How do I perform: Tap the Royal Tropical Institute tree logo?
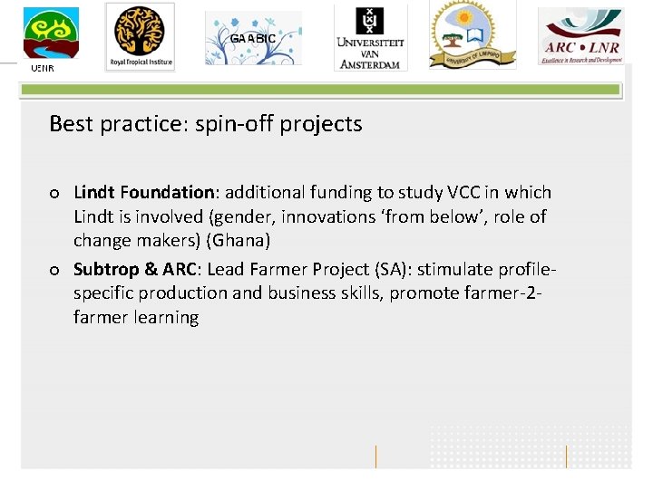coord(140,36)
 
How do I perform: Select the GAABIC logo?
coord(253,39)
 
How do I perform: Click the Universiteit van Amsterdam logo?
coord(370,36)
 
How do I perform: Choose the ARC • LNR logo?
coord(580,36)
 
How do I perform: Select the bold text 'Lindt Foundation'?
coord(143,192)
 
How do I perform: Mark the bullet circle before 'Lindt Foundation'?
coord(55,193)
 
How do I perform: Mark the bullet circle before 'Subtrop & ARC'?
coord(55,270)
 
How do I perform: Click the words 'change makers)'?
coord(136,241)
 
